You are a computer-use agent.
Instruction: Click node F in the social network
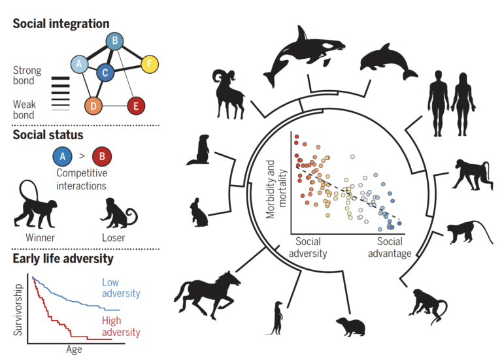[150, 64]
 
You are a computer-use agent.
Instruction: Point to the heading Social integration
[61, 24]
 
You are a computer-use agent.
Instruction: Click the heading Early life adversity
[63, 258]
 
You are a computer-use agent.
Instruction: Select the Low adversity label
[120, 288]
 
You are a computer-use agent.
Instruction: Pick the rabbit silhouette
[199, 212]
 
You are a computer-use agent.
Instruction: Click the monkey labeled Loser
[118, 212]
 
